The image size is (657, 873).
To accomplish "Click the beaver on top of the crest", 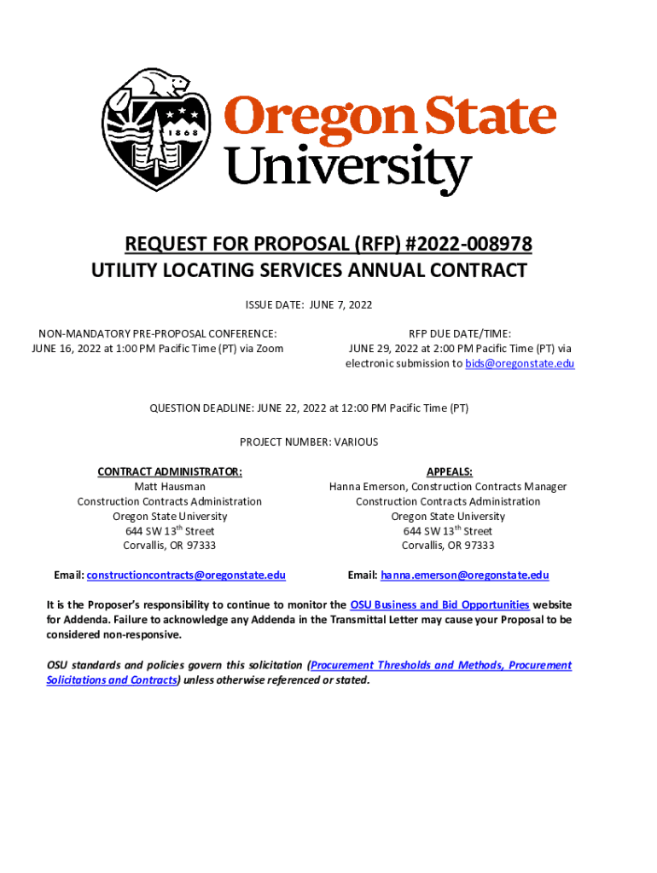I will coord(148,86).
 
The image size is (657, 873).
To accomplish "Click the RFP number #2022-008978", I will coord(465,246).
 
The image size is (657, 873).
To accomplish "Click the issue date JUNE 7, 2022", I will coord(339,304).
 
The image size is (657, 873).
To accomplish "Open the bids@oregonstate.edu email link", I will coord(520,363).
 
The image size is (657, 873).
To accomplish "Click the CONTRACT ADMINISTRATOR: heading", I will coord(170,471).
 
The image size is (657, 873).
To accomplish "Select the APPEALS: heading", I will coord(449,471).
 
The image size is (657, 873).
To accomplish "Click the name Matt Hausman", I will coord(170,487).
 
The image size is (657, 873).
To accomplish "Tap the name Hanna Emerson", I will coord(369,487).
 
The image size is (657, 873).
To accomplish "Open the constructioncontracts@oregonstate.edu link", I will coord(186,575).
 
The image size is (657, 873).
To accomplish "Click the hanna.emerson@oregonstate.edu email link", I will coord(464,575).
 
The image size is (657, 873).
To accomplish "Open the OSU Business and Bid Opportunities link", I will coord(439,604).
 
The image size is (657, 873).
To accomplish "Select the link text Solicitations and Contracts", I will coord(112,680).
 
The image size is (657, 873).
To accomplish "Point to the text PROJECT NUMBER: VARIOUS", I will coord(309,442).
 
